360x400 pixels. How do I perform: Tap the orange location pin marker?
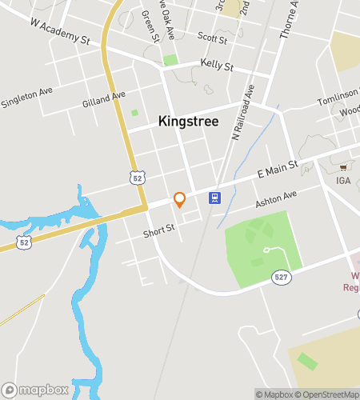[180, 199]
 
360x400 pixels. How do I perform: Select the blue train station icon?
[214, 198]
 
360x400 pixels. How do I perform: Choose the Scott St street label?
[213, 37]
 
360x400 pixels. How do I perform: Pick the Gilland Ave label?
[104, 99]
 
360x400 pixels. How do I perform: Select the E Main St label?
[277, 169]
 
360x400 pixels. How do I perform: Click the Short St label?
[158, 230]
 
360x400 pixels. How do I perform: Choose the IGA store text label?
[343, 181]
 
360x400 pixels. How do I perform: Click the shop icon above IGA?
[343, 167]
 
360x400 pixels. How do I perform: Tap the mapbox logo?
[35, 390]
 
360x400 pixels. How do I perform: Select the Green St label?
[150, 24]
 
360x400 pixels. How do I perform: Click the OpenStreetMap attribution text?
[329, 394]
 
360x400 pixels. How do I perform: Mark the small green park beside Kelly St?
[170, 60]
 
